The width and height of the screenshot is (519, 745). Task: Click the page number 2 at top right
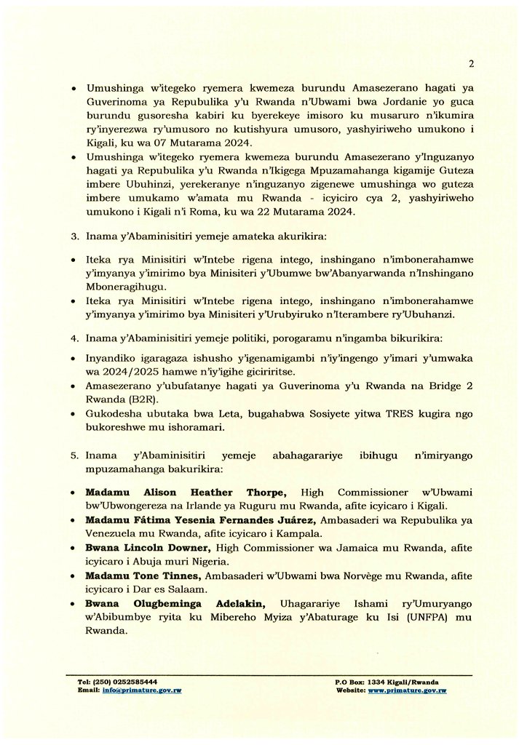click(472, 63)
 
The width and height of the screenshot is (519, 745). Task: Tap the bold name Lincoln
click(139, 547)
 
